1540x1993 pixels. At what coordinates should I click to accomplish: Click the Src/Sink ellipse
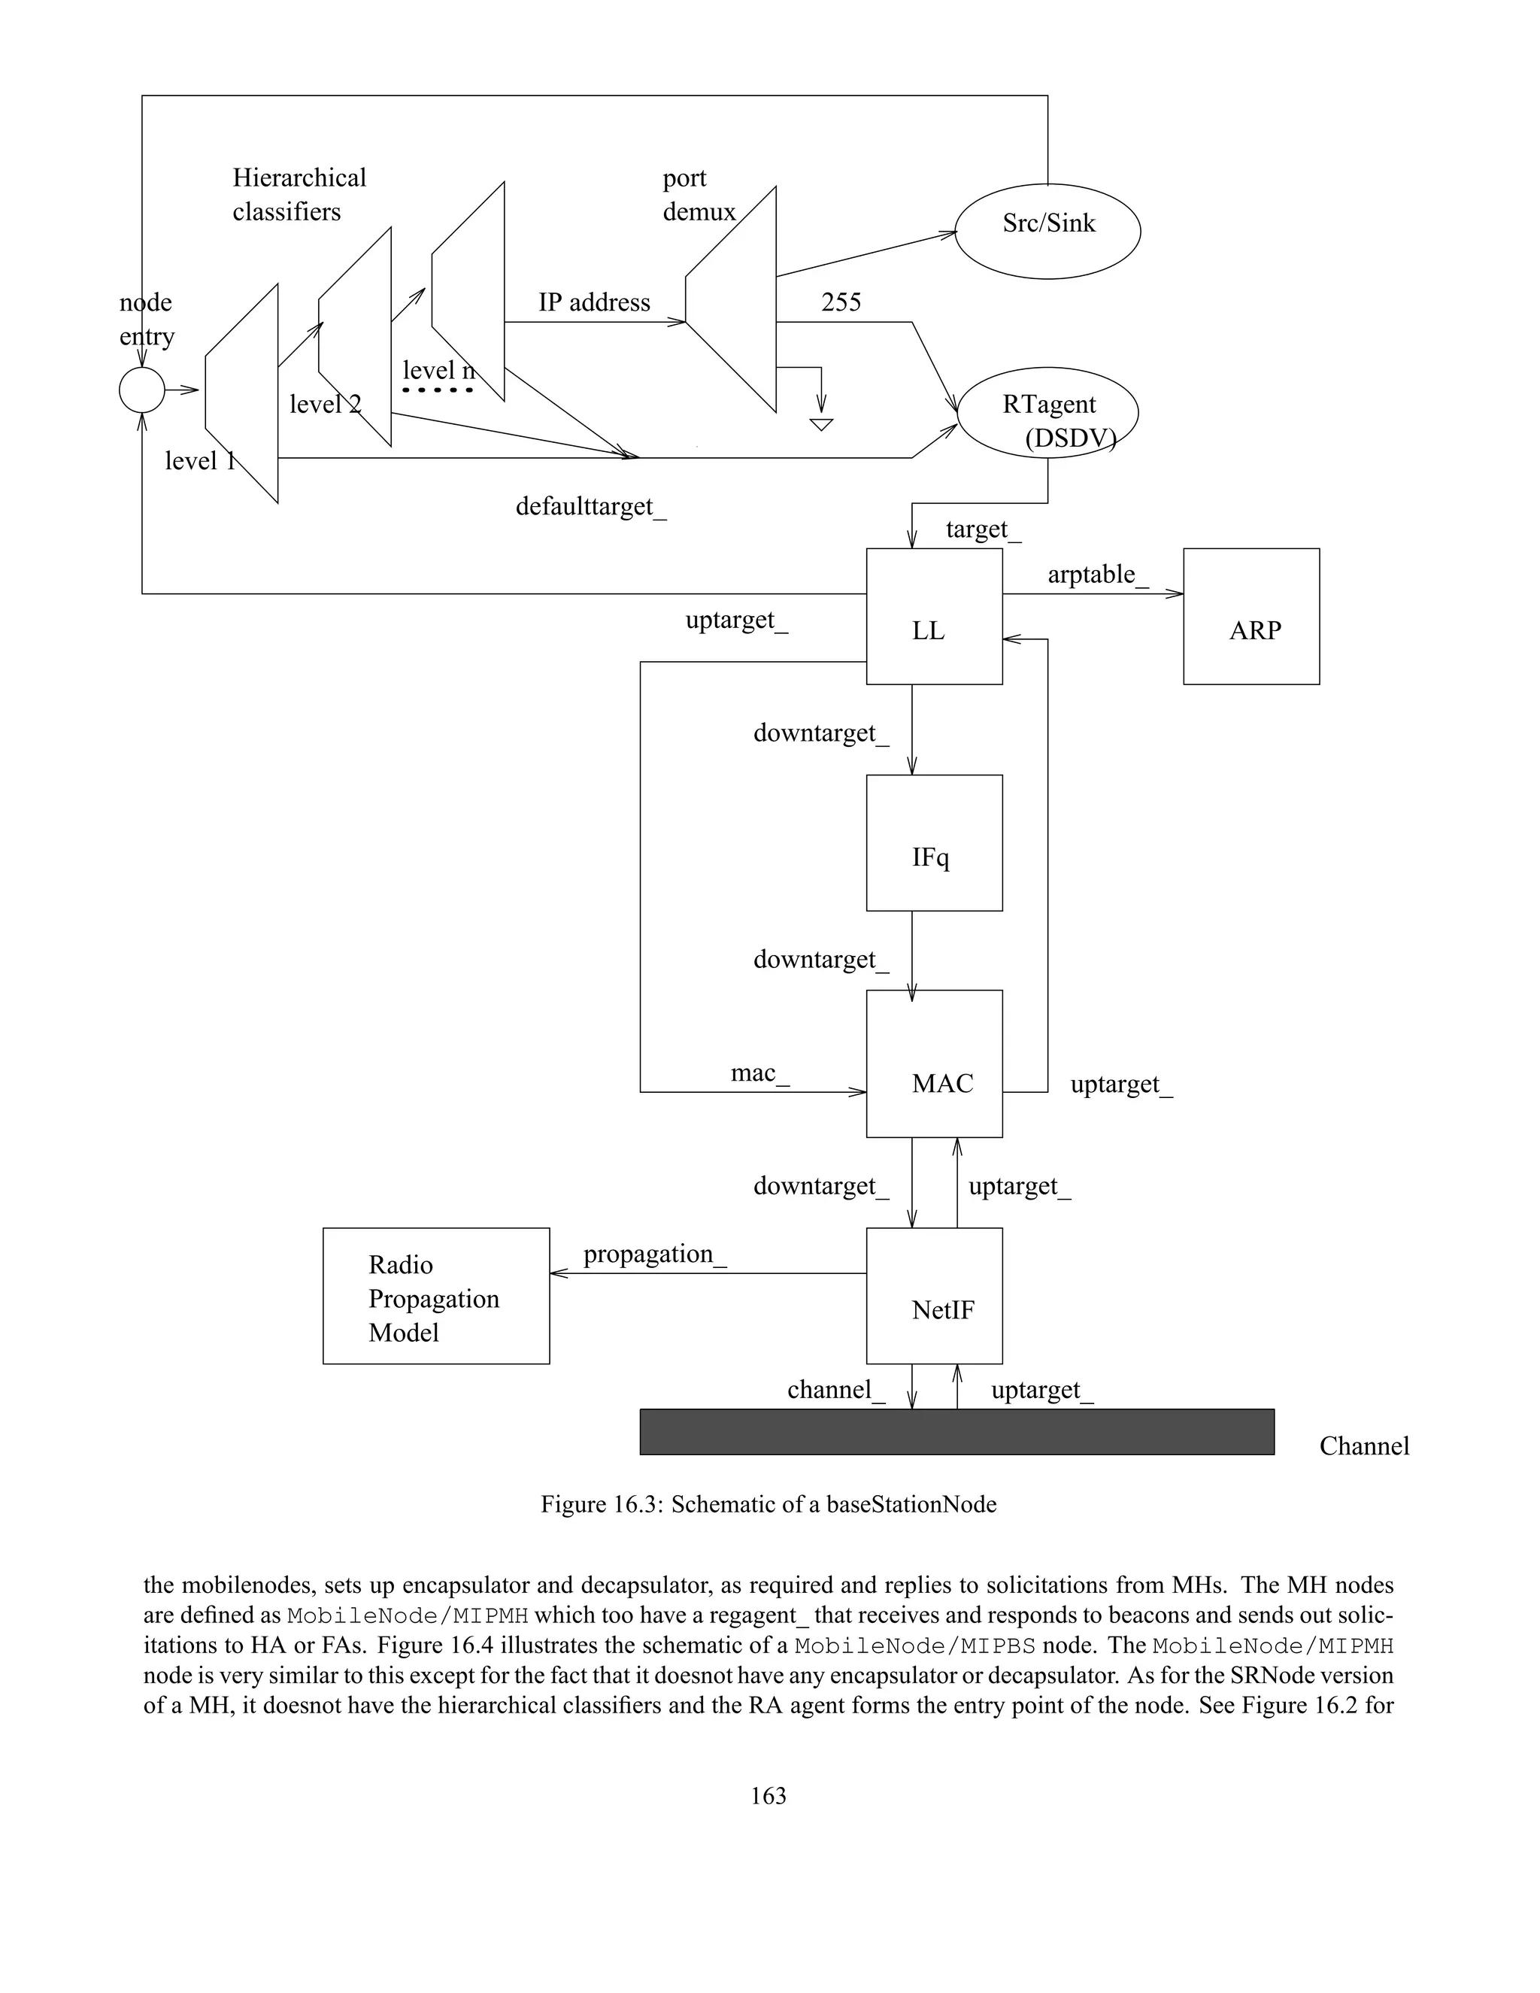click(1047, 231)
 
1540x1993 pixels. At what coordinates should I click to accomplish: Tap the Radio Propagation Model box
click(436, 1296)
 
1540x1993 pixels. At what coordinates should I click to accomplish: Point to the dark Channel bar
click(956, 1432)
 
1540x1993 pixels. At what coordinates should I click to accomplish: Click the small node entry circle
click(141, 390)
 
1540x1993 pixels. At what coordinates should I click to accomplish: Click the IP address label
click(594, 302)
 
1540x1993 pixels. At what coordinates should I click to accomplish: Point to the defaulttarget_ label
click(590, 506)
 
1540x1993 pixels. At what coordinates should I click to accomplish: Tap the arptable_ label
click(1098, 575)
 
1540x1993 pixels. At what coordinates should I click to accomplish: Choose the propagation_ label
click(654, 1254)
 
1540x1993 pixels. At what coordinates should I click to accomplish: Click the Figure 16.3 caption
click(768, 1504)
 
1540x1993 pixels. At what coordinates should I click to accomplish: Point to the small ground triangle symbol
click(821, 424)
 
